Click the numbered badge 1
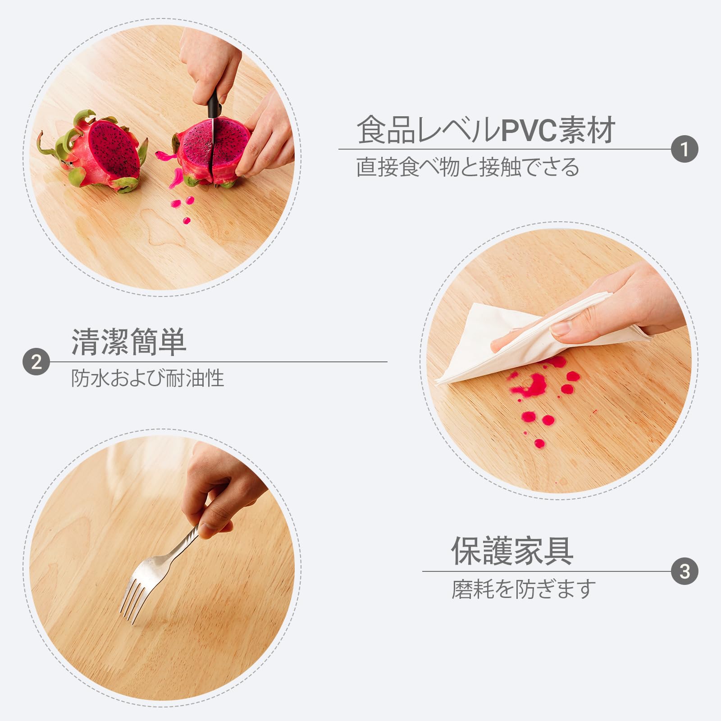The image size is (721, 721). tap(684, 149)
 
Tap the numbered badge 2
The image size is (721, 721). tap(36, 362)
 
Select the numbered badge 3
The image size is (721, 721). tap(684, 571)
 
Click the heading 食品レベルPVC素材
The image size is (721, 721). tap(486, 130)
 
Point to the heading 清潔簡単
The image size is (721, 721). tap(129, 342)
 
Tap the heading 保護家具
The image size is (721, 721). tap(512, 551)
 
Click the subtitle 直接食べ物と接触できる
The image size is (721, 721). tap(468, 167)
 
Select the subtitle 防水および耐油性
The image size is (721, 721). tap(147, 378)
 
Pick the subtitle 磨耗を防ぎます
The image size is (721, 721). tap(524, 589)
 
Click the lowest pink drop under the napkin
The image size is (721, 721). tap(539, 444)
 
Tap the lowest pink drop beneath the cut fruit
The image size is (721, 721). tap(186, 220)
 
